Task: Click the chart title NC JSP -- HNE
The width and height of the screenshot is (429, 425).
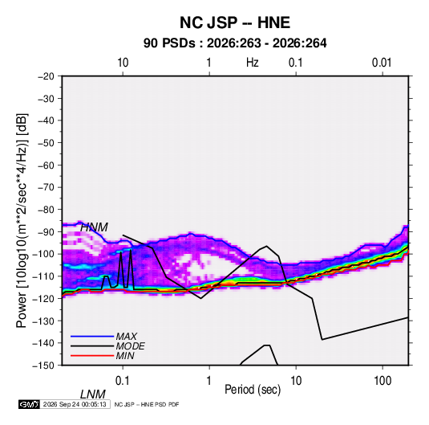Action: (235, 22)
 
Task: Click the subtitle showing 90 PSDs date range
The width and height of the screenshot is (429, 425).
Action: (235, 43)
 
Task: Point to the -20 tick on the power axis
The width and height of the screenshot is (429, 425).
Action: (46, 76)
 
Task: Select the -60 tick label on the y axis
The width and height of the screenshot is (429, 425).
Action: (46, 165)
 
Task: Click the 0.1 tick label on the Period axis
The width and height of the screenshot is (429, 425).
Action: (123, 381)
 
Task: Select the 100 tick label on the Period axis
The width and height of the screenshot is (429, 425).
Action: (382, 381)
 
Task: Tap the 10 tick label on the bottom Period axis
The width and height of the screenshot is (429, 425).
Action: (296, 381)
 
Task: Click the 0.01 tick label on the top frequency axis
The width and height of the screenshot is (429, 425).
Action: (382, 63)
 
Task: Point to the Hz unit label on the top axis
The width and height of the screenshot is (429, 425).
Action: (253, 63)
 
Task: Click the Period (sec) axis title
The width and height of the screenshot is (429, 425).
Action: (253, 390)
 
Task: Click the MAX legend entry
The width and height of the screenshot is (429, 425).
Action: (127, 336)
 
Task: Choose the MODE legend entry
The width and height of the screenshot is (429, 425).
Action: (130, 346)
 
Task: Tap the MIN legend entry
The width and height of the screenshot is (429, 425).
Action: (125, 356)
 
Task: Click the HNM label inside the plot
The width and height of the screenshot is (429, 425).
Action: (94, 227)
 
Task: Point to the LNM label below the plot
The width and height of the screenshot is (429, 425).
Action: (93, 394)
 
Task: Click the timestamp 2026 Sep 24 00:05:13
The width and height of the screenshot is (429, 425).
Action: (75, 404)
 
